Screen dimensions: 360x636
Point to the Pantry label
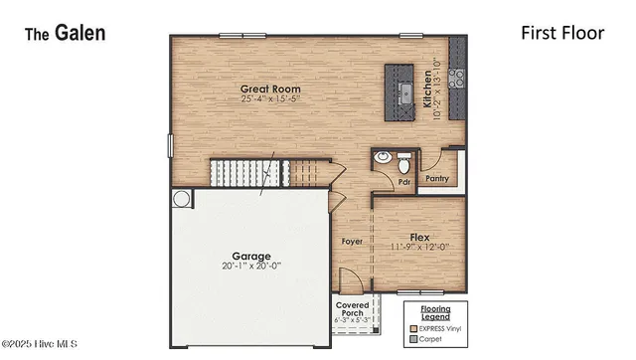coord(437,180)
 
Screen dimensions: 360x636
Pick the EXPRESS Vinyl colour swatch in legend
coord(411,327)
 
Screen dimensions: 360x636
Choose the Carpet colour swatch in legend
coord(411,339)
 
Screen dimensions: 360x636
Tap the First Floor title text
coord(562,33)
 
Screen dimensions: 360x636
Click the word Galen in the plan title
coord(80,34)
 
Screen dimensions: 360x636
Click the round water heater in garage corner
coord(182,199)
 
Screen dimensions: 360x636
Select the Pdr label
coord(404,182)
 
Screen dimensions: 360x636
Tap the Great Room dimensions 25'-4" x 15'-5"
coord(270,99)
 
